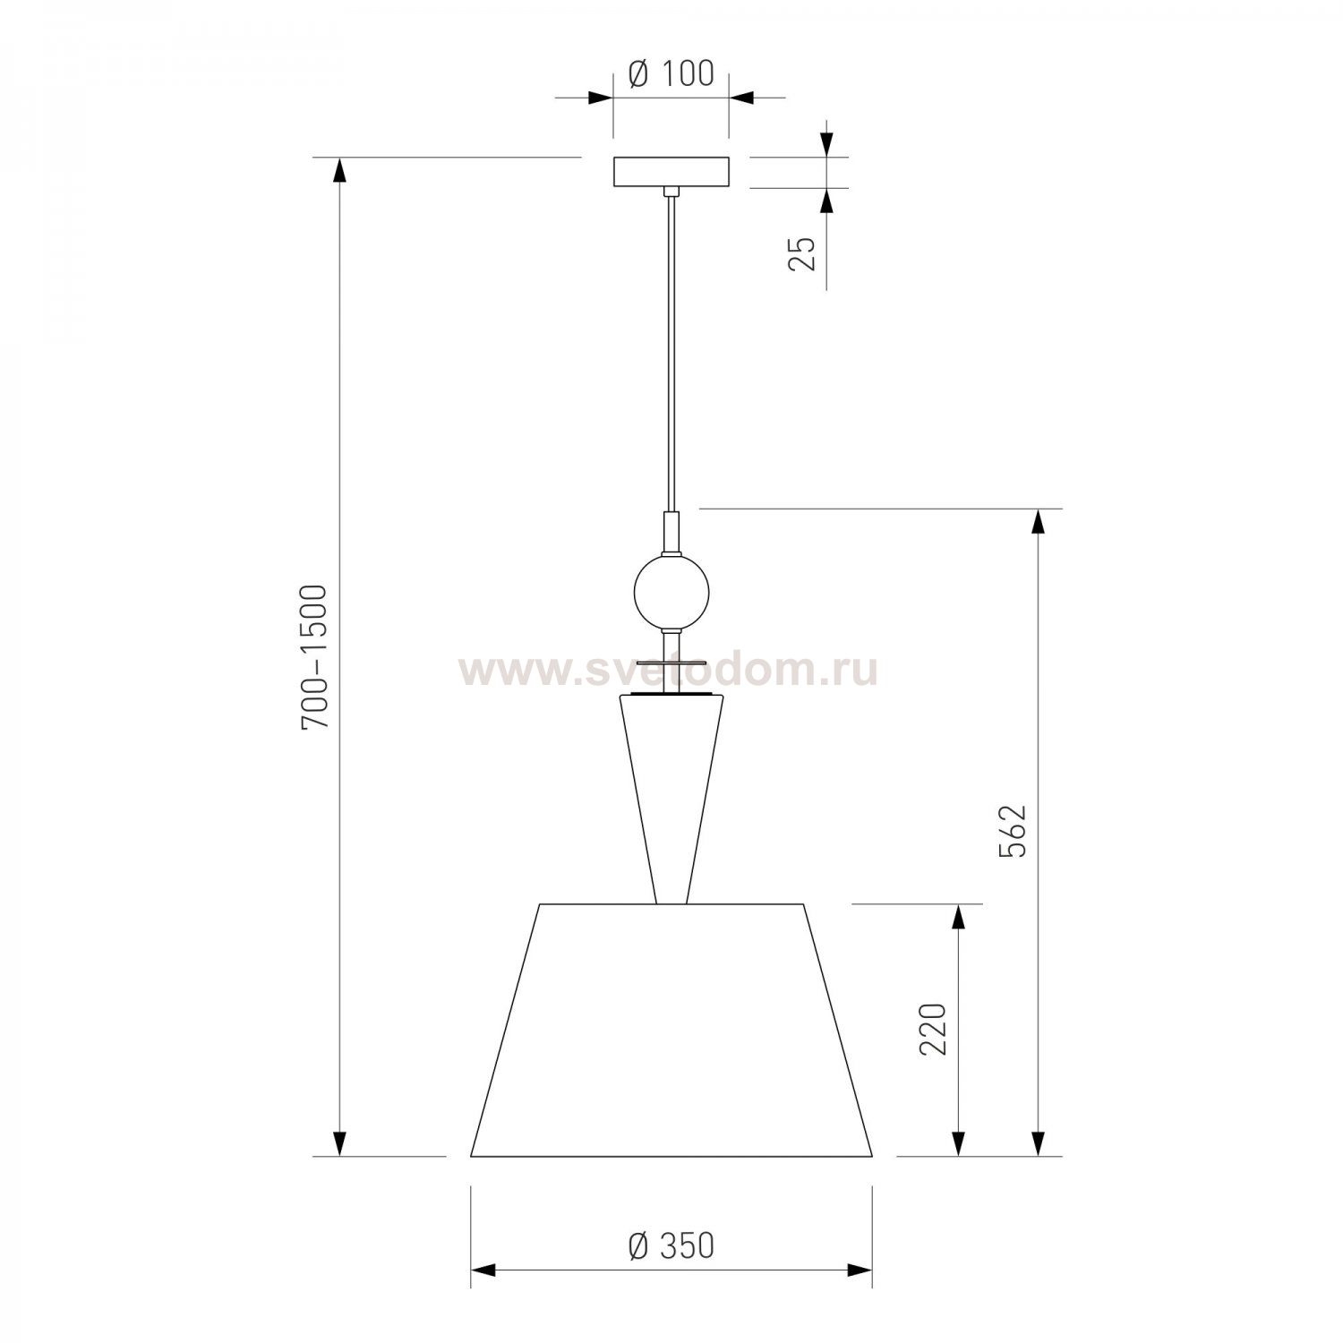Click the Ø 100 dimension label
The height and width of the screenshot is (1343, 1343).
(671, 74)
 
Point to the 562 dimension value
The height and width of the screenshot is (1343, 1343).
(1014, 832)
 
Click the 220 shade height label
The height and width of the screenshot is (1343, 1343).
(934, 1030)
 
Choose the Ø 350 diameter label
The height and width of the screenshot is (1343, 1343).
(671, 1245)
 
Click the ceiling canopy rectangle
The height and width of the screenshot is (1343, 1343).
(671, 173)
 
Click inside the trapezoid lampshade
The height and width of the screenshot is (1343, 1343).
(671, 1030)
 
